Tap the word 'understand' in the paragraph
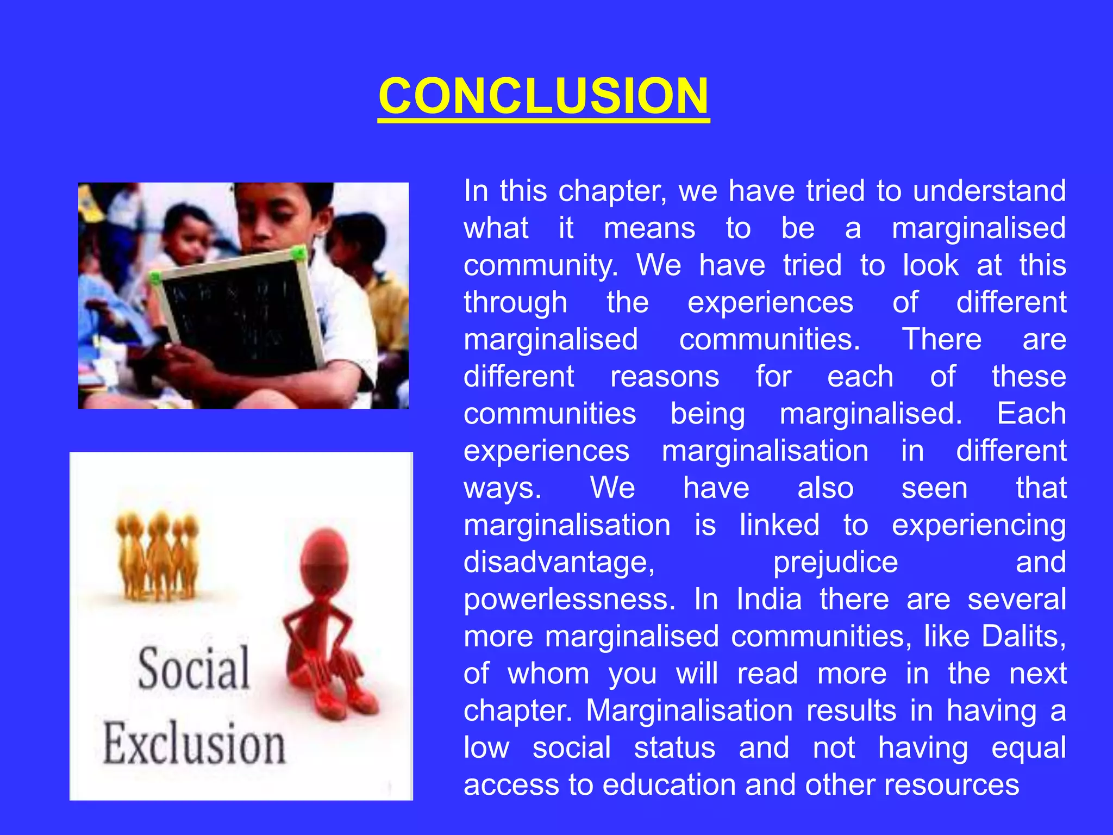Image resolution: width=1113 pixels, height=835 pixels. pyautogui.click(x=989, y=191)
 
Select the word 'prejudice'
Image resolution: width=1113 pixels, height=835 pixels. pyautogui.click(x=835, y=562)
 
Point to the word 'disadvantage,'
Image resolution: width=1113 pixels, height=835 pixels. pyautogui.click(x=559, y=562)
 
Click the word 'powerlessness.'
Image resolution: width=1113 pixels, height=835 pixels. pyautogui.click(x=570, y=600)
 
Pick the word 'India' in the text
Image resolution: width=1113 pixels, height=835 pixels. pyautogui.click(x=769, y=600)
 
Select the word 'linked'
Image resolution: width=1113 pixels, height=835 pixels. pyautogui.click(x=779, y=525)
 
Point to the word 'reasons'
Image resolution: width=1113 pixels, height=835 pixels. pyautogui.click(x=665, y=377)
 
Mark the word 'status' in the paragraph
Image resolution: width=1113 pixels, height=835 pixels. pyautogui.click(x=674, y=748)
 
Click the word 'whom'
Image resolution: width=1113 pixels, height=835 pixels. pyautogui.click(x=548, y=674)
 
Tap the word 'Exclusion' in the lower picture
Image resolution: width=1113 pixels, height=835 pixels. pyautogui.click(x=194, y=744)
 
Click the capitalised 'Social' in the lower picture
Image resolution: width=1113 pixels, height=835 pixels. pyautogui.click(x=194, y=669)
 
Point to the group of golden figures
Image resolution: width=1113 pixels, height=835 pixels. pyautogui.click(x=158, y=554)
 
